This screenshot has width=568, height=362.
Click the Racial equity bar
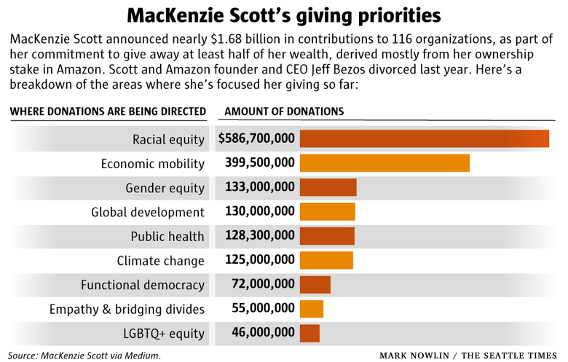tap(425, 138)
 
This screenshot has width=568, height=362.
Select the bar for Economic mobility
tap(384, 163)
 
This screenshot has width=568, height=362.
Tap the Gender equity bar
tap(328, 187)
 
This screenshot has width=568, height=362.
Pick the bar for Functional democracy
tap(315, 285)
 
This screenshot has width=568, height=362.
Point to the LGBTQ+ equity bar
tap(309, 333)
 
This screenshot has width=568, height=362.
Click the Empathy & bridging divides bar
tap(312, 309)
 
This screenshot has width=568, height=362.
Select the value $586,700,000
tap(256, 138)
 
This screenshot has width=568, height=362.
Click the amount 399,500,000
tap(260, 162)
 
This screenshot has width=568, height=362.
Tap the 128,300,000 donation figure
tap(260, 235)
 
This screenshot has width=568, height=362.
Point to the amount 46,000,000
tap(263, 332)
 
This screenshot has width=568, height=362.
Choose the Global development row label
tap(148, 213)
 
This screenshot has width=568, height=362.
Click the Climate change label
tap(160, 261)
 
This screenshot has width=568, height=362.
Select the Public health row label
tap(167, 237)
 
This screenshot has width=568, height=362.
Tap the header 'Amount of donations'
tap(284, 111)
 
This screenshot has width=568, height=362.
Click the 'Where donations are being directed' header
tap(108, 111)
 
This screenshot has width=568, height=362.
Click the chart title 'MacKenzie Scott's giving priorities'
tap(284, 16)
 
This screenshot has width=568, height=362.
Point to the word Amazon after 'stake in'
tap(79, 69)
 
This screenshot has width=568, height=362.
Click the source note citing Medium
tap(84, 355)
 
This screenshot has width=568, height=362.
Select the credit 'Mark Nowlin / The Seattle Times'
tap(468, 355)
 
